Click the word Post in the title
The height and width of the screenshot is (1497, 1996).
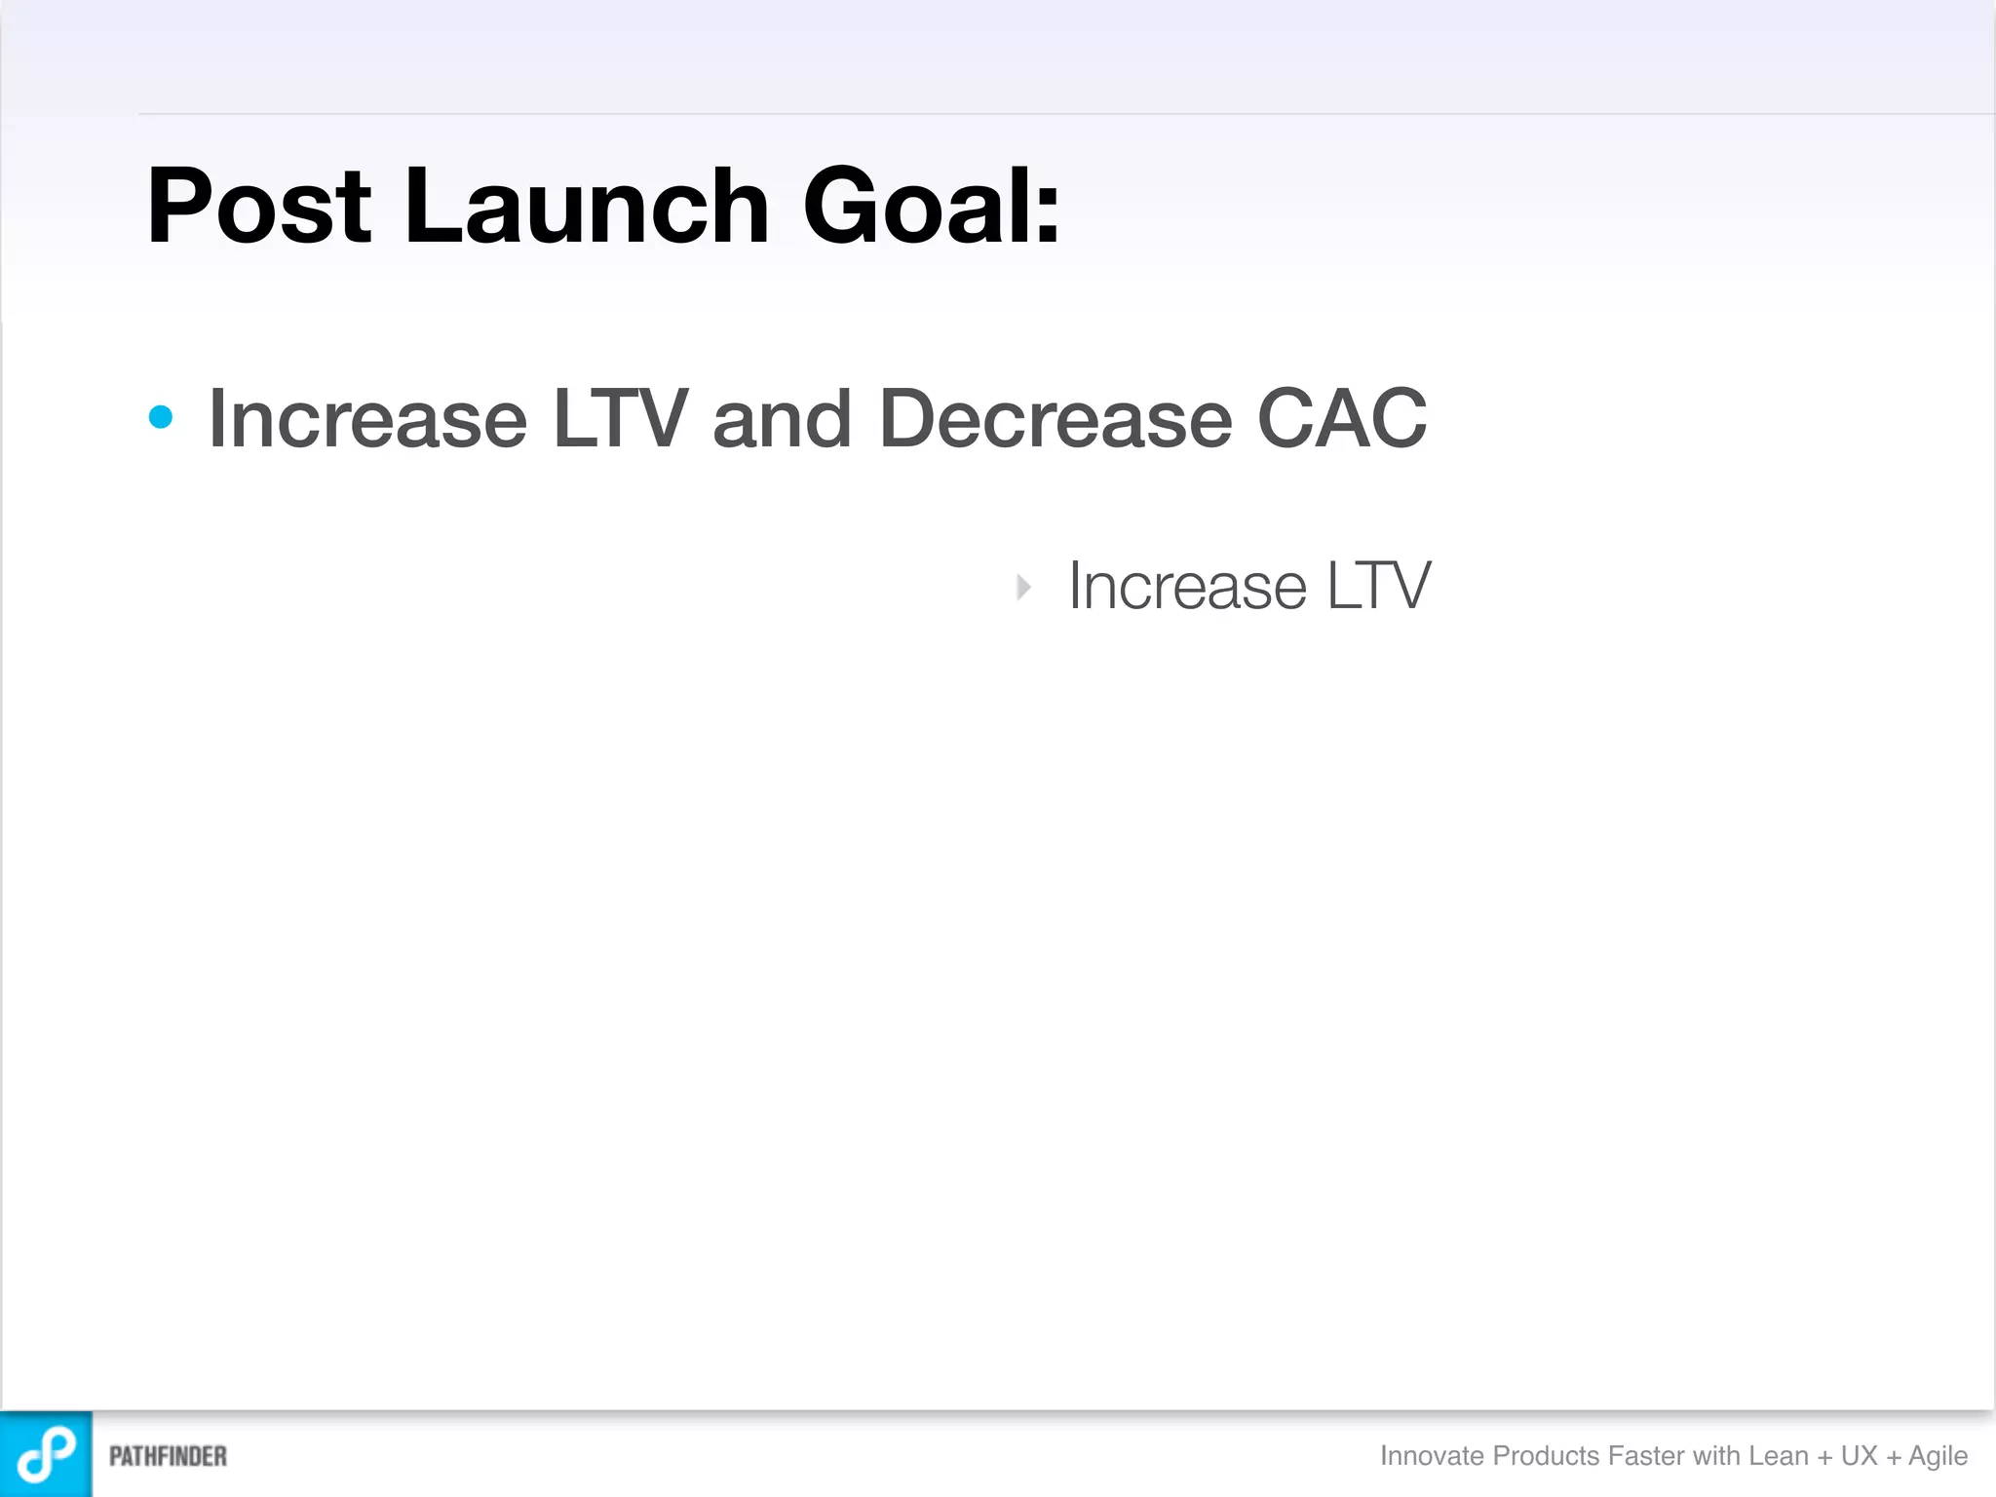coord(258,207)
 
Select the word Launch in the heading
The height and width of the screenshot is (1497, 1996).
coord(587,207)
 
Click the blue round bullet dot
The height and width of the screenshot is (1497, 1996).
coord(161,418)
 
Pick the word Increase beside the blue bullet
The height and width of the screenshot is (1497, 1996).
coord(367,419)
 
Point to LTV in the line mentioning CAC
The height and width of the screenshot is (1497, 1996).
coord(621,419)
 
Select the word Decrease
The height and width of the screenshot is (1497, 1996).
coord(1055,419)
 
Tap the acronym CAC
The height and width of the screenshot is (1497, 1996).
coord(1342,419)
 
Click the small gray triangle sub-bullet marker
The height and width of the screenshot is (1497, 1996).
coord(1023,587)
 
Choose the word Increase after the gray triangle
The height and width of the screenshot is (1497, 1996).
coord(1187,587)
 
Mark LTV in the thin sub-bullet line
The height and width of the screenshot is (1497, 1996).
coord(1378,587)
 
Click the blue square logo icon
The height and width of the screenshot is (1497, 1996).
coord(46,1453)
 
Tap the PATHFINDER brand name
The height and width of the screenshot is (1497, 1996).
coord(168,1456)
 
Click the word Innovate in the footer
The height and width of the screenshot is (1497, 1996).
coord(1432,1455)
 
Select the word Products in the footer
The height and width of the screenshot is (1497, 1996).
coord(1546,1455)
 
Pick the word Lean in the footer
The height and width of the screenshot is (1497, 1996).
coord(1779,1455)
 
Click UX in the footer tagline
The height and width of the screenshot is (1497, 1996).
coord(1859,1455)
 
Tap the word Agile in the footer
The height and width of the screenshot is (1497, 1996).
coord(1938,1456)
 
